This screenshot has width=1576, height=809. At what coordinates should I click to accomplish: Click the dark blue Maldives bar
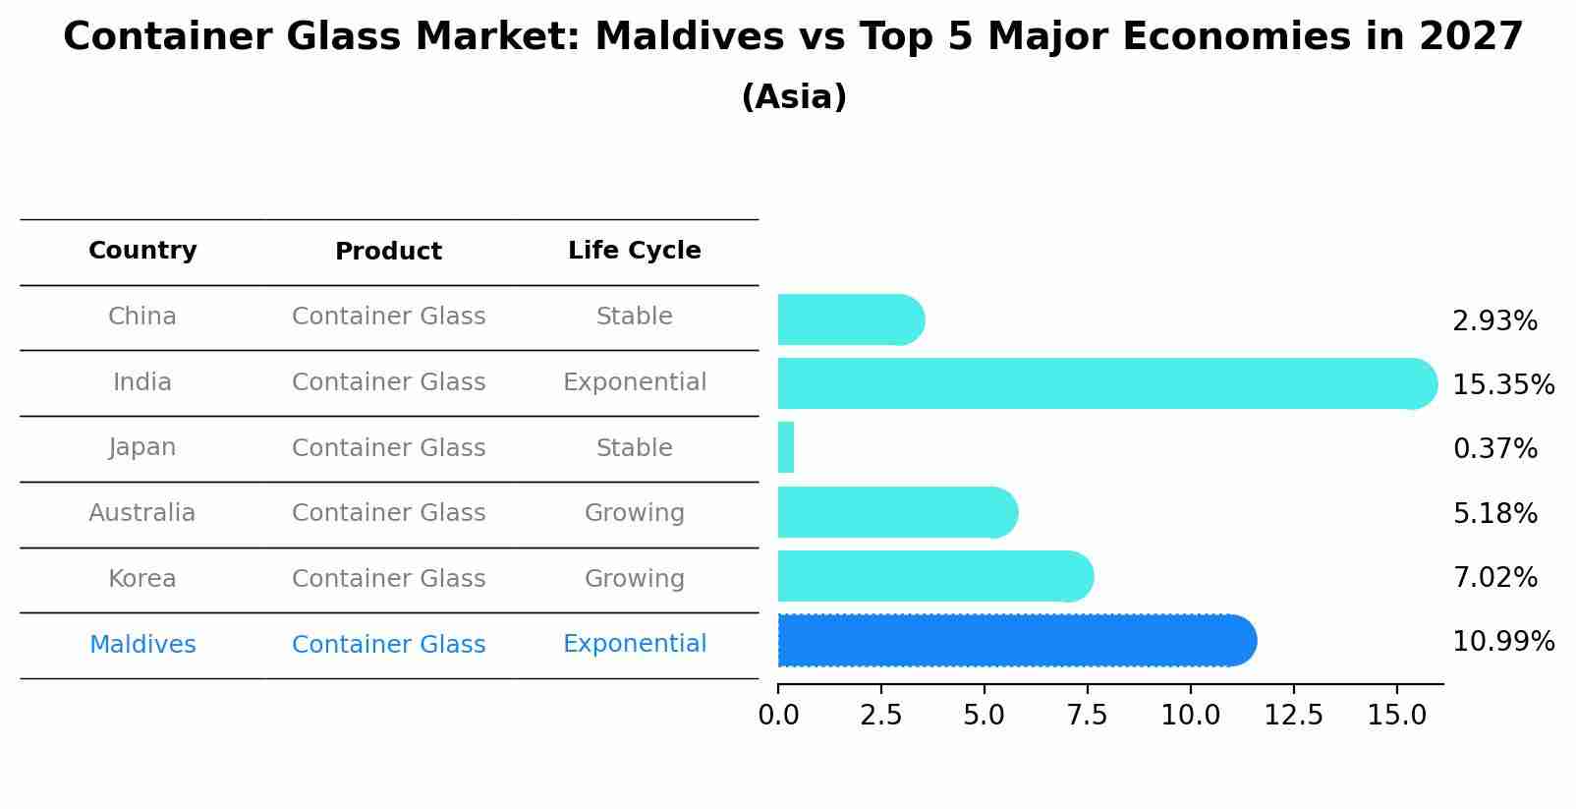point(1017,641)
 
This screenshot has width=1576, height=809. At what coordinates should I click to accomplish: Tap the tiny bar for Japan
point(786,448)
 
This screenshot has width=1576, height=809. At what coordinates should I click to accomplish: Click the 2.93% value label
point(1494,321)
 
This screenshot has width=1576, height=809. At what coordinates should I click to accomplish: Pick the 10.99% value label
point(1502,642)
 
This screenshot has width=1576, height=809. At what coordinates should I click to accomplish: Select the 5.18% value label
point(1494,513)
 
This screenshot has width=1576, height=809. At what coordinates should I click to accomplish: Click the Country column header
point(142,251)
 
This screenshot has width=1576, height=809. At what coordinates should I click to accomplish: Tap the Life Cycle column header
point(634,251)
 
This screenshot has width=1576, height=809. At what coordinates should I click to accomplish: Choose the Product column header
point(388,252)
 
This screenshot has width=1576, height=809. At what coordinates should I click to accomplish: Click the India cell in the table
point(142,382)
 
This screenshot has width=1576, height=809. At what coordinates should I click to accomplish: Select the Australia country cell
point(142,513)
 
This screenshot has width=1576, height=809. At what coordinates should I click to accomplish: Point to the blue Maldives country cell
point(142,645)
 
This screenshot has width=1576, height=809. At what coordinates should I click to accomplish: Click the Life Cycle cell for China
point(634,317)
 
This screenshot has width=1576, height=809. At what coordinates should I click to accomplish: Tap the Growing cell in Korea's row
point(634,579)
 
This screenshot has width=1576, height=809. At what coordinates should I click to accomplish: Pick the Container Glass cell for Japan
point(388,448)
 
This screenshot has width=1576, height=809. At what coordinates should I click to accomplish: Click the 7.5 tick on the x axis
point(1088,716)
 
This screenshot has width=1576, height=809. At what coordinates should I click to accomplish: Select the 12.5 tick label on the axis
point(1293,716)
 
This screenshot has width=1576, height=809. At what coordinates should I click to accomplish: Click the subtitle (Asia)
point(794,97)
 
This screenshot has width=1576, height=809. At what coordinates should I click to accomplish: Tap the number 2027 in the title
point(1470,37)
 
